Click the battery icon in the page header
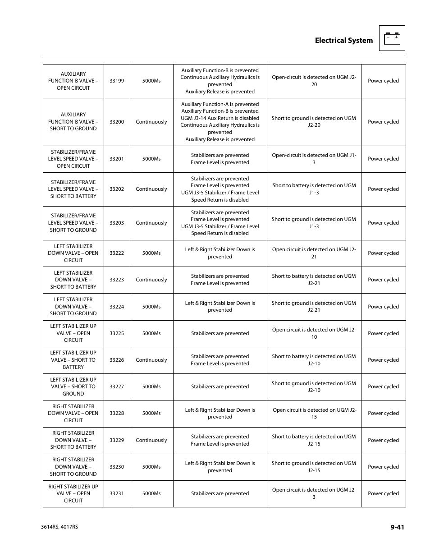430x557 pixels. [392, 38]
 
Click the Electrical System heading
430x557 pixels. [343, 41]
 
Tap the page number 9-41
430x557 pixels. [397, 527]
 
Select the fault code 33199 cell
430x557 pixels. [117, 81]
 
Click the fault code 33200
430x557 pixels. [117, 122]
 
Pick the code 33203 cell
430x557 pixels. [117, 223]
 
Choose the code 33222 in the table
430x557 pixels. [117, 253]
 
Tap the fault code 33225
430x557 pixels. [117, 333]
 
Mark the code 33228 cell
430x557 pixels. [117, 413]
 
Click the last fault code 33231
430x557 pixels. [117, 493]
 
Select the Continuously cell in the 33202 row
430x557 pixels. [151, 189]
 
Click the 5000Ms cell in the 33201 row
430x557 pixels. [151, 159]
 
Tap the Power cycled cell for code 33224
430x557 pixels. [383, 307]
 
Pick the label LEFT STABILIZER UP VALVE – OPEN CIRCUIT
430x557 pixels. [73, 333]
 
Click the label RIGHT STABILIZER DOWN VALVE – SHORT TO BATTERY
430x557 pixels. [73, 440]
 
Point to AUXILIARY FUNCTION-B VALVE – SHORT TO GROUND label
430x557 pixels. [73, 122]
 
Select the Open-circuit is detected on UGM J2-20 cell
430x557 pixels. [314, 81]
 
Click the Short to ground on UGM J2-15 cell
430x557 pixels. [314, 467]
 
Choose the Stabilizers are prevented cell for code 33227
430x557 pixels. [220, 387]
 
